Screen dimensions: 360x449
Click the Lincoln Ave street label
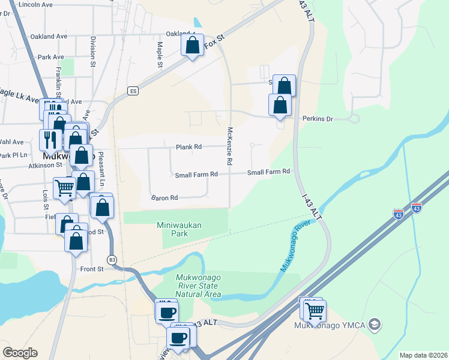click(x=35, y=4)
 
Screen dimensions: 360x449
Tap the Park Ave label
click(x=50, y=57)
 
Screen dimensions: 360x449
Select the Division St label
click(x=93, y=50)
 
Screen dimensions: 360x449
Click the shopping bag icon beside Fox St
click(x=193, y=46)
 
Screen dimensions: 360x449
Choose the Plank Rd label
click(x=188, y=147)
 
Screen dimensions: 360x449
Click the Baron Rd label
click(x=164, y=197)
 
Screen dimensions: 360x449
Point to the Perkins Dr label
click(x=318, y=119)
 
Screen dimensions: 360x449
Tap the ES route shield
click(x=133, y=91)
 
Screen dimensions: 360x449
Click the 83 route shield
click(x=112, y=259)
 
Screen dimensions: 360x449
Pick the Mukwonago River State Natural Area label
click(x=199, y=286)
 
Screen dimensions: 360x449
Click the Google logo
click(x=20, y=353)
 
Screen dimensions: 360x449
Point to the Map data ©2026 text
click(x=423, y=355)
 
